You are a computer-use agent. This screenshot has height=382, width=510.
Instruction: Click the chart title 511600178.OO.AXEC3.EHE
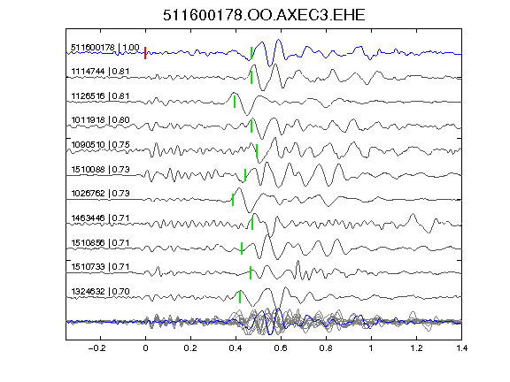pos(264,15)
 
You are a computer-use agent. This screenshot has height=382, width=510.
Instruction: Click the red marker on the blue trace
pos(145,53)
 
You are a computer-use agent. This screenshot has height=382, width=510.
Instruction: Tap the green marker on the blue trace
pos(251,53)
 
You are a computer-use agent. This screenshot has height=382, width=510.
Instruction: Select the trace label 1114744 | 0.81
pos(100,72)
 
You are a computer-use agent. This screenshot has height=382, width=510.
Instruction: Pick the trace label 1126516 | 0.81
pos(100,96)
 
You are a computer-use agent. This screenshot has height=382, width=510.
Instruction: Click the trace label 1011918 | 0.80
pos(100,120)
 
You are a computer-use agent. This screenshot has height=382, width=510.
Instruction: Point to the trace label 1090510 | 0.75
pos(100,144)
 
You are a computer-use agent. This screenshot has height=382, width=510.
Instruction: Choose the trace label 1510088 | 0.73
pos(100,169)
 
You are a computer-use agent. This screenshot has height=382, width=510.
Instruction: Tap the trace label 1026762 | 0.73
pos(100,194)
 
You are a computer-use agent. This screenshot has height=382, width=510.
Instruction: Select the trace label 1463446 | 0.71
pos(100,218)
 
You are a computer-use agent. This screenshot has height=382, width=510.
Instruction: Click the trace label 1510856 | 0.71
pos(100,242)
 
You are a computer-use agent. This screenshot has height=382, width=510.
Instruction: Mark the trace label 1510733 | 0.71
pos(100,267)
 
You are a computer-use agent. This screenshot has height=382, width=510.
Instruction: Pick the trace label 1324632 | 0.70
pos(100,292)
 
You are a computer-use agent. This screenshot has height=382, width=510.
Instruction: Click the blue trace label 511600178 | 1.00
pos(105,48)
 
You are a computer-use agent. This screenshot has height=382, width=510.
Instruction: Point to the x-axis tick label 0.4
pos(236,348)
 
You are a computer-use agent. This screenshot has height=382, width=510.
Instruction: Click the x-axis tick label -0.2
pos(97,348)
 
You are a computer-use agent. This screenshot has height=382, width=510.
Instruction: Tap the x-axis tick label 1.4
pos(461,348)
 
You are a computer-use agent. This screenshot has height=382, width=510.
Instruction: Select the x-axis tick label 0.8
pos(326,348)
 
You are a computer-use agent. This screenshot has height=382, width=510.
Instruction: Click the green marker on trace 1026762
pos(233,200)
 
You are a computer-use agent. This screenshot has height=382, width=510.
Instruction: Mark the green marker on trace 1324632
pos(240,297)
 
